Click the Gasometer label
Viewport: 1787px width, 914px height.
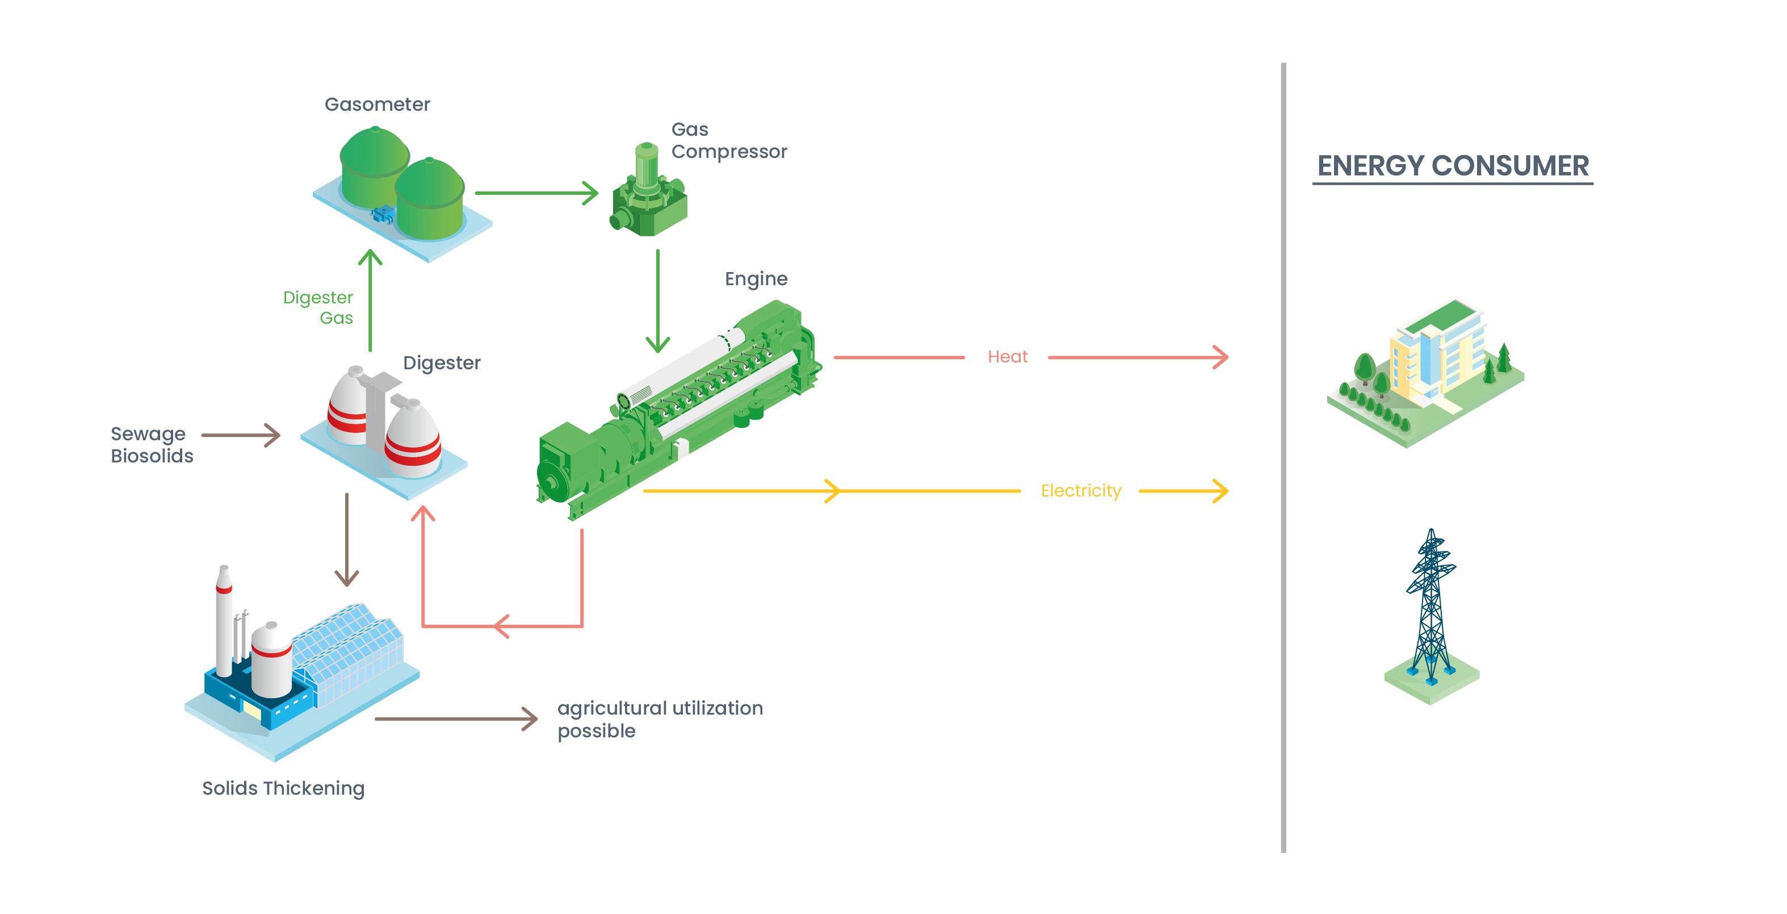coord(377,104)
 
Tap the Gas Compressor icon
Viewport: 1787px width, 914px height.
coord(647,194)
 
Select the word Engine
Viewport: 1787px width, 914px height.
coord(756,278)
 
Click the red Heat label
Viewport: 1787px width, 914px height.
coord(1007,357)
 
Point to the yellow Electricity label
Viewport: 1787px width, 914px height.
coord(1080,491)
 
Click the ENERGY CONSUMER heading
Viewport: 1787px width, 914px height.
coord(1452,166)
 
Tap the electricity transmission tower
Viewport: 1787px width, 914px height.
coord(1431,611)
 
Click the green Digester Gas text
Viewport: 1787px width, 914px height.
coord(319,307)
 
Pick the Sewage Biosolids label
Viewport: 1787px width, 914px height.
coord(150,445)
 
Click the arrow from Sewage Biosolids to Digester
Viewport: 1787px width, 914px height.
coord(240,435)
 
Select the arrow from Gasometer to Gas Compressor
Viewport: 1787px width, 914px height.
coord(535,193)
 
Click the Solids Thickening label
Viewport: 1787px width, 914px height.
coord(283,788)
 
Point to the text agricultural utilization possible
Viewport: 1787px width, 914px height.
coord(659,719)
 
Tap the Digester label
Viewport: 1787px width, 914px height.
coord(441,363)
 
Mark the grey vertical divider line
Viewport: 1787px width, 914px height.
coord(1283,458)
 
